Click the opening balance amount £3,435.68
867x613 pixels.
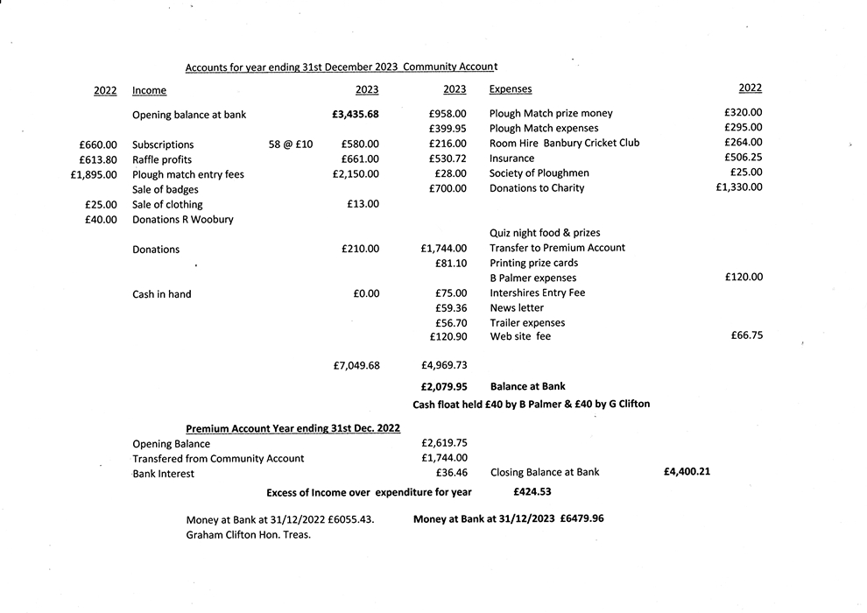[356, 115]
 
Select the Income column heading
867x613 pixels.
[149, 90]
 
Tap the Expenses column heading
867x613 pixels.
[510, 89]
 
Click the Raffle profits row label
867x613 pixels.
[162, 159]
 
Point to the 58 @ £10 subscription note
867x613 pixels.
[291, 144]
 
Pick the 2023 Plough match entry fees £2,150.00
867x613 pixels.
[356, 174]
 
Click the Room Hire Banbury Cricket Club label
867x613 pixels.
[564, 143]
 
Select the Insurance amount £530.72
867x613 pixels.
[448, 159]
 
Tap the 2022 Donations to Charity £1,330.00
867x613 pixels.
[738, 187]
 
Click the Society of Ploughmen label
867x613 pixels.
[539, 173]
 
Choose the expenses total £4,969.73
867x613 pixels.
[444, 365]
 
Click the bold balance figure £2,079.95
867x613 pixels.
[444, 386]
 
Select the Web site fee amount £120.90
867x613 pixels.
[448, 336]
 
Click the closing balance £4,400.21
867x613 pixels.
[687, 471]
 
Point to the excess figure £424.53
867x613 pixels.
[532, 491]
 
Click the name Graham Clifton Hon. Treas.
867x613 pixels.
[249, 534]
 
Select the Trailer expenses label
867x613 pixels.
[526, 322]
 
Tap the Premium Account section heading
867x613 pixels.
[293, 428]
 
